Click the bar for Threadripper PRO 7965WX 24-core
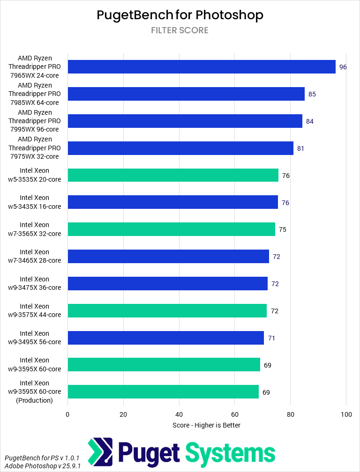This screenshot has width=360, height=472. [202, 67]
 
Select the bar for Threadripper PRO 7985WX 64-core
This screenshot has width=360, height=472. [186, 94]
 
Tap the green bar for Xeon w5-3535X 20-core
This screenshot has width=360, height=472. [173, 176]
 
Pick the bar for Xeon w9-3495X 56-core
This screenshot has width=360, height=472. [165, 338]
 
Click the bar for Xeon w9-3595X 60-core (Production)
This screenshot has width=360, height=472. [163, 392]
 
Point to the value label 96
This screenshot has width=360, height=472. [343, 67]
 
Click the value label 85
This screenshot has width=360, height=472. [312, 94]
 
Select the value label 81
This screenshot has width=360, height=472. [301, 148]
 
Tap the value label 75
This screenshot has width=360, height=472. [283, 229]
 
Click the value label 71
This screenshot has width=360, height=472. [271, 338]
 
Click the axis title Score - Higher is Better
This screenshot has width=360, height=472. [206, 425]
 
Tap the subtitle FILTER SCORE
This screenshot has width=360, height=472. [180, 30]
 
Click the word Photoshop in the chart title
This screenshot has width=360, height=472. [229, 15]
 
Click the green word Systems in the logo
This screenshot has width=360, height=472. [230, 453]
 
